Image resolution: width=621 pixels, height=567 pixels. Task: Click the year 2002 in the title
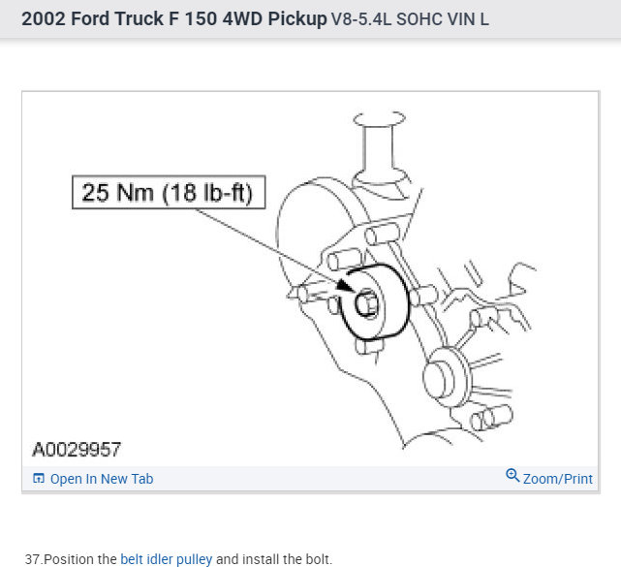click(44, 18)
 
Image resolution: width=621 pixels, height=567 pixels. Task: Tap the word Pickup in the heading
click(297, 19)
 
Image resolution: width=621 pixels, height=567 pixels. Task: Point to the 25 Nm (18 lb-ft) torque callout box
click(169, 192)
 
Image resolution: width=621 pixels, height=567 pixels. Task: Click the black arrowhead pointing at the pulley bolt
click(345, 285)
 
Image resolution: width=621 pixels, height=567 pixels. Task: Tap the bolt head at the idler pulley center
click(366, 304)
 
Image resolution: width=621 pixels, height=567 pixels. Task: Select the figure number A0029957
click(77, 450)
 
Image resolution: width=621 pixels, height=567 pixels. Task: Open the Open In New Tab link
click(102, 479)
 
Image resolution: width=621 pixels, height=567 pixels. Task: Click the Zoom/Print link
click(558, 479)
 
